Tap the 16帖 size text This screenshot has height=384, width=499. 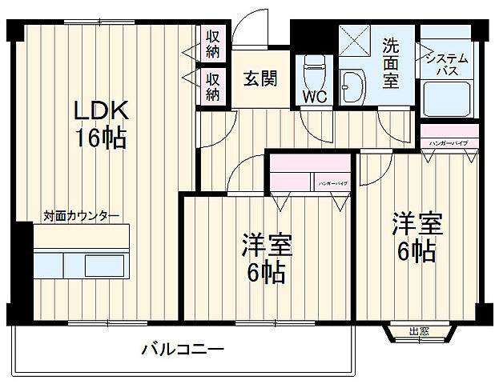pyautogui.click(x=101, y=138)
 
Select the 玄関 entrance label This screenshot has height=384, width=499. pyautogui.click(x=260, y=79)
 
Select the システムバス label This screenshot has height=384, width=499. pyautogui.click(x=446, y=65)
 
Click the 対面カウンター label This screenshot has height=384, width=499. pyautogui.click(x=81, y=216)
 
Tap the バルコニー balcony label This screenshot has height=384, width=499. pyautogui.click(x=183, y=349)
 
